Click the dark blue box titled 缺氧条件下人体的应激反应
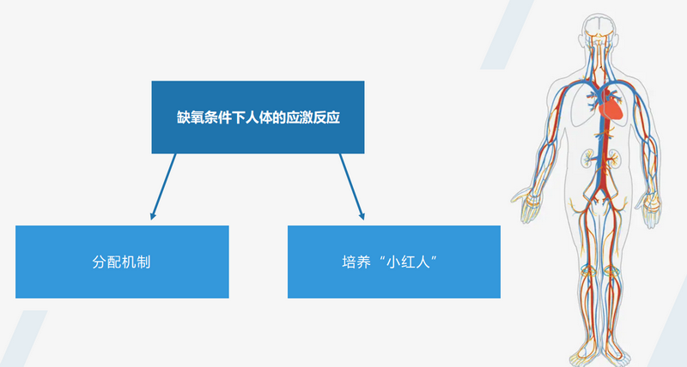point(258,117)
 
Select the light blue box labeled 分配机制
point(122,262)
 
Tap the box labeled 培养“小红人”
point(394,262)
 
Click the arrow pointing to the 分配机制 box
point(163,186)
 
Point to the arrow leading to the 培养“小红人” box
point(352,186)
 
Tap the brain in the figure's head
point(598,27)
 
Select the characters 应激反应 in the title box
point(313,117)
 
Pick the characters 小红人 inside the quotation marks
point(406,262)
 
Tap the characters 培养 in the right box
point(356,262)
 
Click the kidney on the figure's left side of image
point(587,159)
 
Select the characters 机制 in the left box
point(136,262)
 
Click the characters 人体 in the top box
point(252,117)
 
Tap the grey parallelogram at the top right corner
point(508,34)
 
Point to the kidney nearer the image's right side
point(614,159)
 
